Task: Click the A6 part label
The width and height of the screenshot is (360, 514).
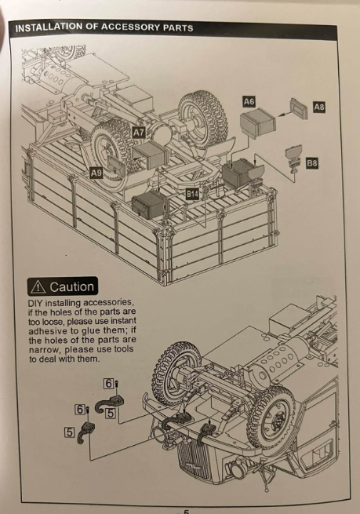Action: (249, 101)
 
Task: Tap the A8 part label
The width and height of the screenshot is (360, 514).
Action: (319, 107)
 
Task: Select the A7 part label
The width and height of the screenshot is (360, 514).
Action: (139, 133)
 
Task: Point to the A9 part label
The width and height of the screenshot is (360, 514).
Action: (96, 173)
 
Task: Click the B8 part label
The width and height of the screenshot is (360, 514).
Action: (312, 163)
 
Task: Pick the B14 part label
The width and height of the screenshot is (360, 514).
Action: (192, 195)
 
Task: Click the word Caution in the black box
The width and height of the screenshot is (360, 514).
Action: (71, 287)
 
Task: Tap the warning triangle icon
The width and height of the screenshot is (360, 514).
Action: (38, 287)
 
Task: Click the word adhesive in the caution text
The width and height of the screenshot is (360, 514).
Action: (48, 330)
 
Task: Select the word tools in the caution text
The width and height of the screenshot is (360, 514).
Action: (123, 348)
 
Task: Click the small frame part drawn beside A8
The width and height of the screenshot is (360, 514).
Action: (298, 108)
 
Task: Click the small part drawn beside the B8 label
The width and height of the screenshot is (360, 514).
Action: (293, 158)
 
